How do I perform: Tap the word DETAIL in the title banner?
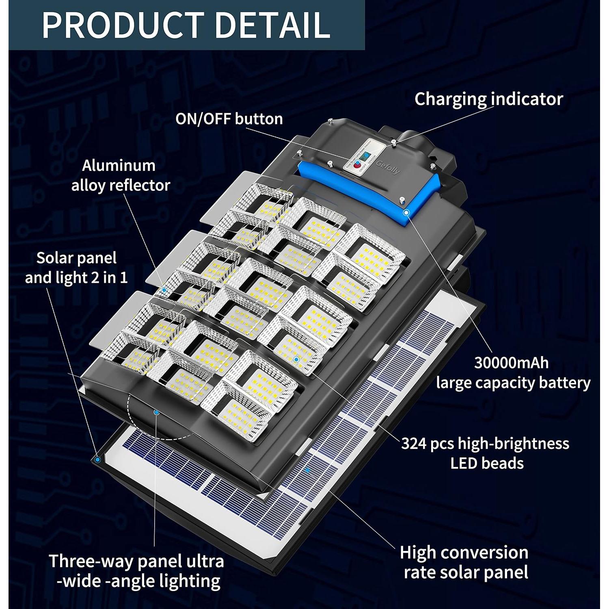pos(272,25)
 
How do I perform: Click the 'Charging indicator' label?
pos(488,99)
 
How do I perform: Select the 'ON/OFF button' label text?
pos(229,119)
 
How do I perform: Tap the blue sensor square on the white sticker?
pos(365,155)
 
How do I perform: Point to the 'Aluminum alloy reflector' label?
pos(121,175)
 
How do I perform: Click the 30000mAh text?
pos(511,363)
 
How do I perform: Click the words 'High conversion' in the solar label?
pos(464,553)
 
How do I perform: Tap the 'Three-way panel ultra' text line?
pos(136,561)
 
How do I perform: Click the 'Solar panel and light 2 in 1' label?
pos(76,268)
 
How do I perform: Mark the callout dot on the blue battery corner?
pos(406,212)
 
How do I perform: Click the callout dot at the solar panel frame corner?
pos(97,460)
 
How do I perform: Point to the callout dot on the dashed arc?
pos(156,412)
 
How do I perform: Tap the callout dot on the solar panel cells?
pos(307,470)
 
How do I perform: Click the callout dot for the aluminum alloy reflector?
pos(164,290)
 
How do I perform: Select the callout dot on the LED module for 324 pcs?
pos(296,359)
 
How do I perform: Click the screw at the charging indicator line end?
pos(393,141)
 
